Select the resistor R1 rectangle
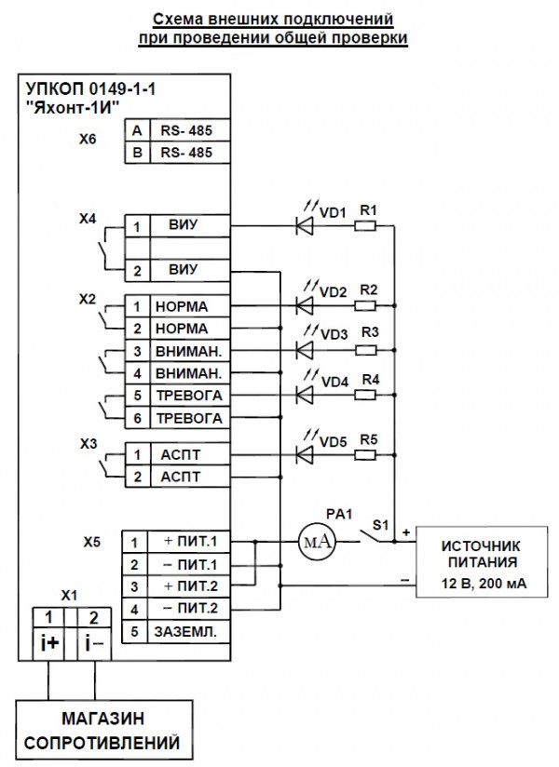click(x=367, y=225)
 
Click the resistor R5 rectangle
click(x=367, y=454)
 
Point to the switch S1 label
click(x=380, y=525)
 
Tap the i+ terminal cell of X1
click(x=48, y=643)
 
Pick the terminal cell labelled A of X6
click(x=138, y=131)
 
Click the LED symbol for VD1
click(x=305, y=225)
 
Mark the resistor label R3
click(x=369, y=332)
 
